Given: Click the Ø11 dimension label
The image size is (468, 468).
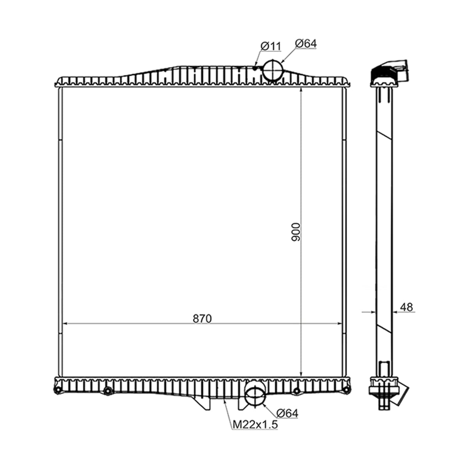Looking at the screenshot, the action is (x=271, y=46).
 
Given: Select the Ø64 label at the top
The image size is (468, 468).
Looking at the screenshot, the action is (x=306, y=43).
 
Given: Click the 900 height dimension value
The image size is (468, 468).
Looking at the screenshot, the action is (x=296, y=232).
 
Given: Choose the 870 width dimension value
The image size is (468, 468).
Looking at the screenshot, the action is (x=202, y=318).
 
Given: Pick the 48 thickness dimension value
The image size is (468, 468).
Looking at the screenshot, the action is (x=406, y=307).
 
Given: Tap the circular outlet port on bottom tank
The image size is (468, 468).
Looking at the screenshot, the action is (x=255, y=396).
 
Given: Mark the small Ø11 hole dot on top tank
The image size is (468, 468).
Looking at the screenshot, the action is (x=255, y=69).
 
